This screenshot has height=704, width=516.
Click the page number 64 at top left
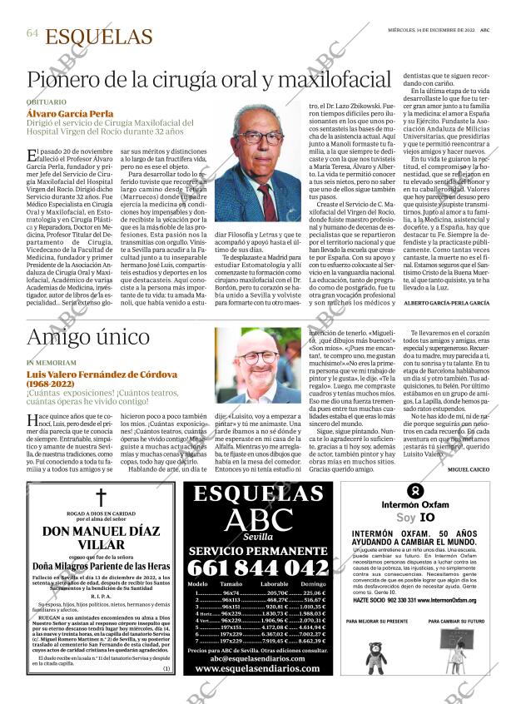(x=32, y=34)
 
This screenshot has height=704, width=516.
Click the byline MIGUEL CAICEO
(x=468, y=469)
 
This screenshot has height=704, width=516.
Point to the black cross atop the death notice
(x=101, y=498)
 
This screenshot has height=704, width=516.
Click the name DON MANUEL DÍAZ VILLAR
(x=101, y=538)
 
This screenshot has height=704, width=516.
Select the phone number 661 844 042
(x=257, y=568)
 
